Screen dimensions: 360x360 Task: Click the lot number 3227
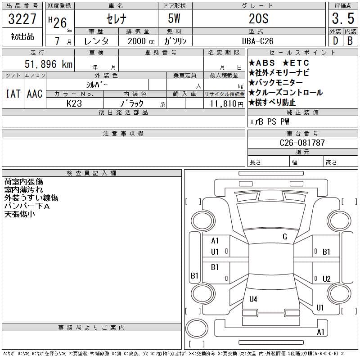click(x=22, y=19)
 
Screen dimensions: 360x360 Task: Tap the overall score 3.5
click(x=343, y=18)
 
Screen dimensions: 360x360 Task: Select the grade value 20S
click(x=258, y=18)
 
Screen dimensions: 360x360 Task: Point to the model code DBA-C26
click(x=257, y=41)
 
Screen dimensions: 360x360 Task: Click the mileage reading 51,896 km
click(x=49, y=64)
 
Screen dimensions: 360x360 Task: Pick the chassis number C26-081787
click(x=302, y=143)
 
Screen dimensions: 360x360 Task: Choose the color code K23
click(x=74, y=103)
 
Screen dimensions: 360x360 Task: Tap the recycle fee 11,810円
click(x=226, y=104)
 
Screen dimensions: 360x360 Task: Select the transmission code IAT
click(x=13, y=94)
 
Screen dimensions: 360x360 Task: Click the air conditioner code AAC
click(x=35, y=94)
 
